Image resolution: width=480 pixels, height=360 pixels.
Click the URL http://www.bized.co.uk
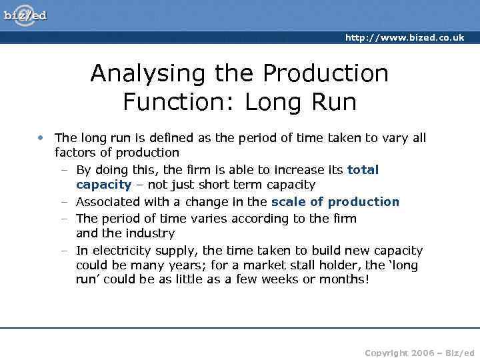pyautogui.click(x=404, y=38)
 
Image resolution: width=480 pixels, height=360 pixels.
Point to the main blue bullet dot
pyautogui.click(x=41, y=138)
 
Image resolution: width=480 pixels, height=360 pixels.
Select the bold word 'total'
pyautogui.click(x=363, y=170)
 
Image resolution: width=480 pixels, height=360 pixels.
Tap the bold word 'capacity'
pyautogui.click(x=103, y=185)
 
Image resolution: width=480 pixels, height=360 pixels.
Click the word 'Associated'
pyautogui.click(x=106, y=201)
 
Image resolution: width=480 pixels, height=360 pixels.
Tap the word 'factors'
pyautogui.click(x=75, y=153)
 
